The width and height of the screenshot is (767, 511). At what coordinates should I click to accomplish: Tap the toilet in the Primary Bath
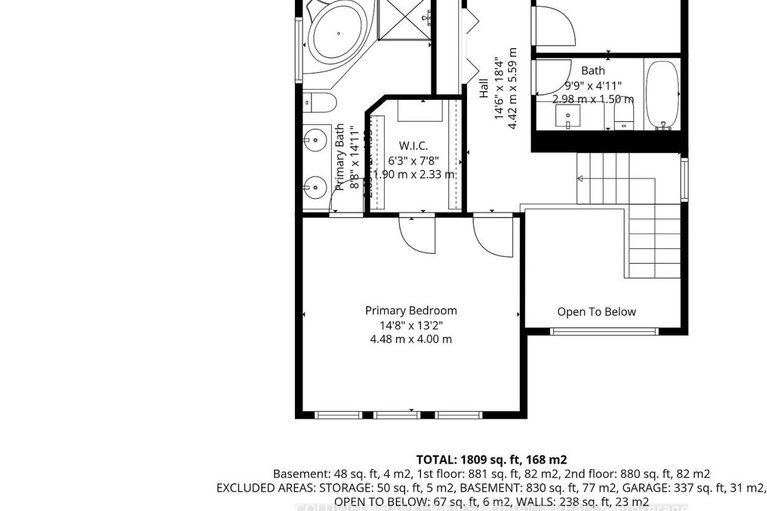tap(318, 102)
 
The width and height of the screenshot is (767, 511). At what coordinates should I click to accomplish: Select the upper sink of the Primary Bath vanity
tap(315, 139)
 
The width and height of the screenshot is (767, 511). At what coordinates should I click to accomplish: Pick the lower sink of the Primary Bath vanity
tap(315, 186)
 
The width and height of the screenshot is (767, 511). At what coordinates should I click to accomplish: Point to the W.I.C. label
tap(413, 146)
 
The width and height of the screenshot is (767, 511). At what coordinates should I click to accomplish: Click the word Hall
tap(484, 84)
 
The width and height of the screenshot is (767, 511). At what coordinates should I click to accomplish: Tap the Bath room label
tap(593, 71)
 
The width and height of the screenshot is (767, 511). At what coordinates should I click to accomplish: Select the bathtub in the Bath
tap(662, 96)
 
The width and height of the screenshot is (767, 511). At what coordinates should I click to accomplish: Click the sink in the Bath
tap(569, 118)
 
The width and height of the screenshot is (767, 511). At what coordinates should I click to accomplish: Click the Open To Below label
tap(596, 312)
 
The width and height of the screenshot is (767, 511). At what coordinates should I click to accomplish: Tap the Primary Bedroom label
tap(411, 311)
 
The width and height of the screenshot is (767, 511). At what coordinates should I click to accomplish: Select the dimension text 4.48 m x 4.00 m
tap(411, 339)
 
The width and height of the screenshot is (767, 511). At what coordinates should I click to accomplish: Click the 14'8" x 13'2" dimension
tap(411, 325)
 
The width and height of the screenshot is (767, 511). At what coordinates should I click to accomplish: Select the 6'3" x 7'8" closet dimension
tap(413, 160)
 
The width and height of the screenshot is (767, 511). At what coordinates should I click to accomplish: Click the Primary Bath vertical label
tap(340, 158)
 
